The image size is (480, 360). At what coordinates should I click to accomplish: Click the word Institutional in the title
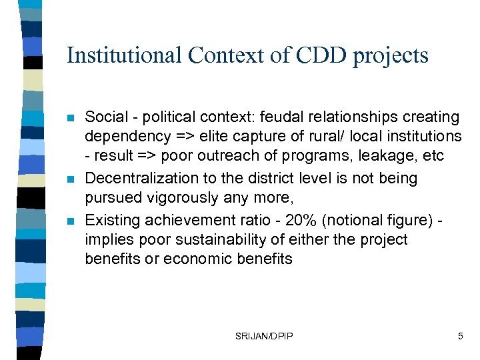(123, 55)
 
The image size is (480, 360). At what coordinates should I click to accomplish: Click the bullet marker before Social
(71, 118)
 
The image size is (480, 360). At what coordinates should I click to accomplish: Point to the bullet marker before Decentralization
(71, 179)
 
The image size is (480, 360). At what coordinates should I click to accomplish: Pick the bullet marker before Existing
(71, 220)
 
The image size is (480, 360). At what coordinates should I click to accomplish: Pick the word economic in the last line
(186, 259)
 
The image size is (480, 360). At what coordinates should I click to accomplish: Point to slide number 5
(460, 337)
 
